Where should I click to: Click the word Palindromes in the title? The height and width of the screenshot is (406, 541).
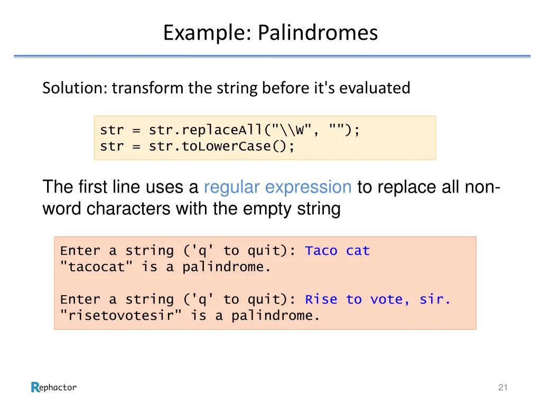[x=318, y=33]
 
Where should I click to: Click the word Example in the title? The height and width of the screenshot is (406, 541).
[x=207, y=33]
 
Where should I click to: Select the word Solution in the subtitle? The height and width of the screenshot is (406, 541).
[x=74, y=88]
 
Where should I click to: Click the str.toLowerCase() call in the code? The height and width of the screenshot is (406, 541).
[x=221, y=146]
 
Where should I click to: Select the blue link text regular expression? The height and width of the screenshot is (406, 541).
[x=277, y=187]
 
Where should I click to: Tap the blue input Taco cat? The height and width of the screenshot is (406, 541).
[x=338, y=251]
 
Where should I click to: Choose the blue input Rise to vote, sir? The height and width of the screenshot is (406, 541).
[x=378, y=300]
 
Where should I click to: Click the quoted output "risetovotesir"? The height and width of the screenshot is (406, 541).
[x=121, y=316]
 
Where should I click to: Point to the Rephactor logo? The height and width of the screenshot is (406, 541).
[x=53, y=387]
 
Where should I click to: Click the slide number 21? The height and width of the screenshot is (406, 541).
[x=502, y=388]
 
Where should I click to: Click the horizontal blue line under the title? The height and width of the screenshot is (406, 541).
[x=272, y=56]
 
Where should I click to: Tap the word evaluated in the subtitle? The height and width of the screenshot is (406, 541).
[x=375, y=88]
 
